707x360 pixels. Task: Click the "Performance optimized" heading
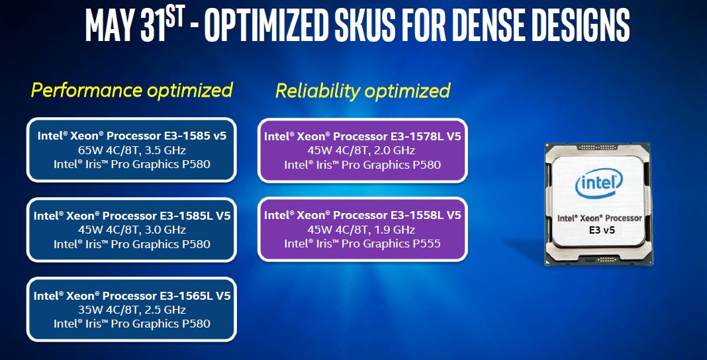[x=132, y=90]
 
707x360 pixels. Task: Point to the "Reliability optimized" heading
[x=363, y=91]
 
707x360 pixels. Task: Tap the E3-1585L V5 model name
[x=195, y=215]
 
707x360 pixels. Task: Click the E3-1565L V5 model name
[x=195, y=296]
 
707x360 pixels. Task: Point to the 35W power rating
[x=88, y=310]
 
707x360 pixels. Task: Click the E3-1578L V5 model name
[x=426, y=136]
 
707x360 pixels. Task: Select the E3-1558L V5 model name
[x=426, y=215]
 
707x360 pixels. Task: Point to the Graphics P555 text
[x=391, y=244]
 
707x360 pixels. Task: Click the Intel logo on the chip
[x=599, y=183]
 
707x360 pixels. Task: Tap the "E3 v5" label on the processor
[x=602, y=230]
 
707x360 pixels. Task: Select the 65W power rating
[x=88, y=150]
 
